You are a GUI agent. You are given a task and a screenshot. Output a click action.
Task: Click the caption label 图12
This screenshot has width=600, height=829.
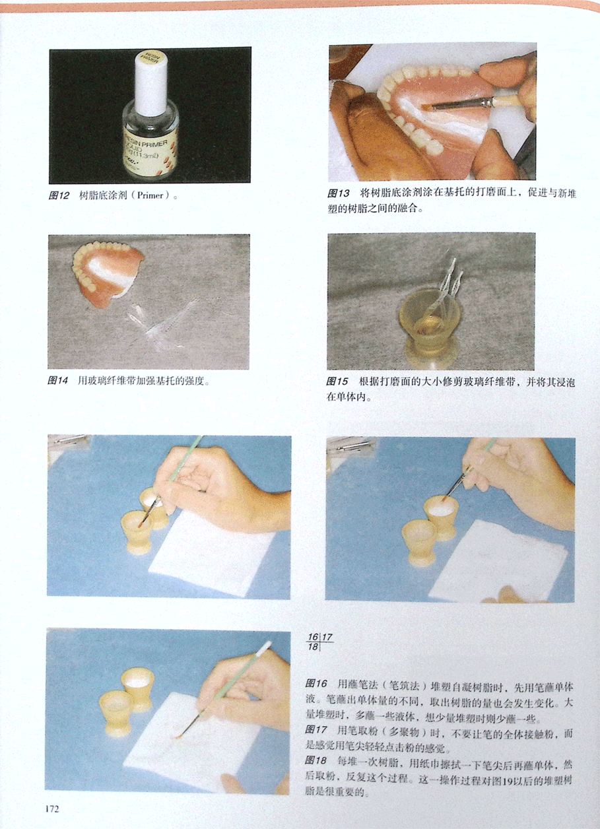pos(59,195)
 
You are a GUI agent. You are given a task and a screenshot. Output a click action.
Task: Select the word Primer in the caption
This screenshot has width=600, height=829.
pos(150,195)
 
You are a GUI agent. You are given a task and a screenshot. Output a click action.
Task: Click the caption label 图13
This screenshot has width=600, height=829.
pos(338,193)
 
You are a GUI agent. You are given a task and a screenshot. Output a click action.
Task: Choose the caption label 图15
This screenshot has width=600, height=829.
pos(337,381)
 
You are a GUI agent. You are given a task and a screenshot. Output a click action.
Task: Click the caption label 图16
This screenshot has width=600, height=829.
pos(316,684)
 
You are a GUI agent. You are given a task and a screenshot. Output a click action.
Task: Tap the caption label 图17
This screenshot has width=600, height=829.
pos(316,729)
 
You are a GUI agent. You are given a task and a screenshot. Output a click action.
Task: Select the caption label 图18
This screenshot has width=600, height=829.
pos(316,760)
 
